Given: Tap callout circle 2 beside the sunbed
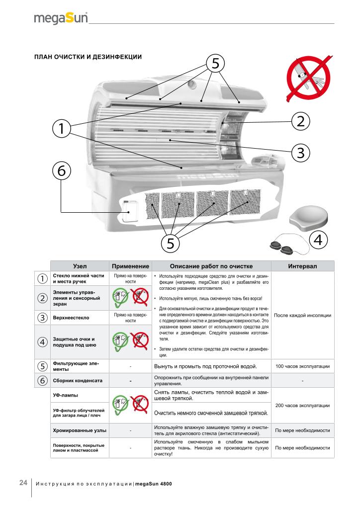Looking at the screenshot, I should point(300,120).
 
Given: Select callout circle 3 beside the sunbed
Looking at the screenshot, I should point(300,152).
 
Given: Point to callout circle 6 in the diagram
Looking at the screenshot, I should point(61,170).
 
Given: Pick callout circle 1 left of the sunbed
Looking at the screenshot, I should point(61,128).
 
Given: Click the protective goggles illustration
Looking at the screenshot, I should point(280,245).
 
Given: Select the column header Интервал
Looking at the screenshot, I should point(303,266).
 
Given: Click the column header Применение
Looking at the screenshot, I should point(130,266).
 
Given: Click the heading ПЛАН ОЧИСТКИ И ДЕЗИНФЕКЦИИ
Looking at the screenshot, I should point(88,57).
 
